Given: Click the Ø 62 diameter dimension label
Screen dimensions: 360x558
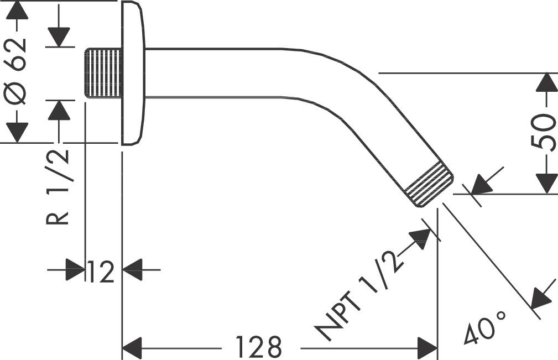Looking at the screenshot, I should pos(18,71).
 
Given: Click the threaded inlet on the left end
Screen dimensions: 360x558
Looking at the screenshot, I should pos(103,73).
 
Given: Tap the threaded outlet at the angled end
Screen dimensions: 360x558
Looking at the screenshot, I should pos(429,184).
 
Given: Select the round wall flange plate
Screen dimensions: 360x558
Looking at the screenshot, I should pos(133,73).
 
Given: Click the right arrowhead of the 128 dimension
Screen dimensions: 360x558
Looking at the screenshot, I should pos(427,349).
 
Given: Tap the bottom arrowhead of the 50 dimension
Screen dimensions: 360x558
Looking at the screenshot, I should pos(547,183).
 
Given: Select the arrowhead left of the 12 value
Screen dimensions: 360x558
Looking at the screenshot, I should pos(75,270).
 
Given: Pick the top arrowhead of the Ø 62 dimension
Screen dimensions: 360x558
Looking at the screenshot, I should pos(18,11).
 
